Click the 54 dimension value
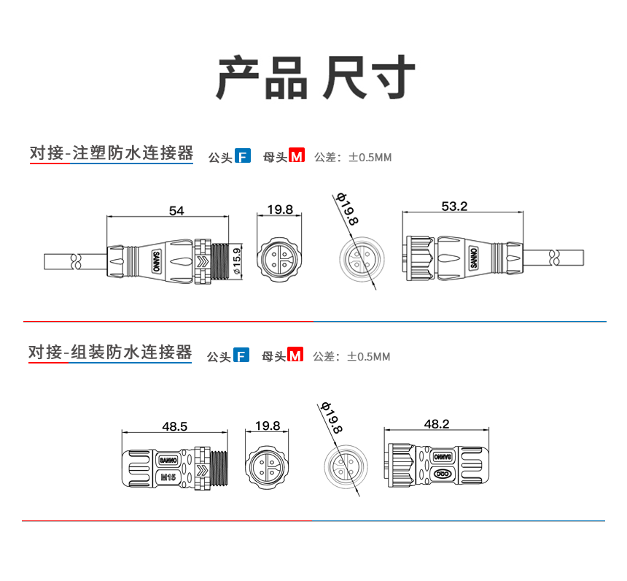click(176, 211)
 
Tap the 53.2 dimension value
click(454, 207)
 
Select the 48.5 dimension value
click(175, 426)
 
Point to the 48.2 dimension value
click(436, 423)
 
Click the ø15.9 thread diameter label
click(236, 261)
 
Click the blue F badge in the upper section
click(243, 155)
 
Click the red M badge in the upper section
click(297, 155)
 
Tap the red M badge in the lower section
click(295, 356)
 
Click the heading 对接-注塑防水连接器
click(111, 153)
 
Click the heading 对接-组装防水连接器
click(110, 353)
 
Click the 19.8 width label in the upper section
click(280, 209)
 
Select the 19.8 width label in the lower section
click(268, 426)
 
